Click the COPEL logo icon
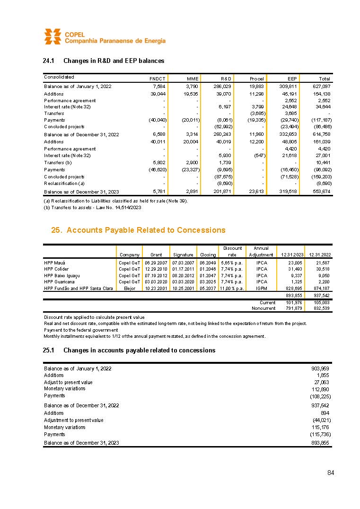pos(53,36)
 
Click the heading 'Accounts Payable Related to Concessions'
pos(146,230)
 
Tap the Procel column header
pos(256,78)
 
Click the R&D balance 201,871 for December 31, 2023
pos(221,192)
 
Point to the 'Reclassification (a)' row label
pos(64,183)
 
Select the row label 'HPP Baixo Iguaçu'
pos(62,275)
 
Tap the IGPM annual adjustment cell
pos(261,288)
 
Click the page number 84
pos(331,473)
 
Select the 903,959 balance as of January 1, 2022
pos(320,368)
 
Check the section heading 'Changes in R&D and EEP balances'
pos(114,61)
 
